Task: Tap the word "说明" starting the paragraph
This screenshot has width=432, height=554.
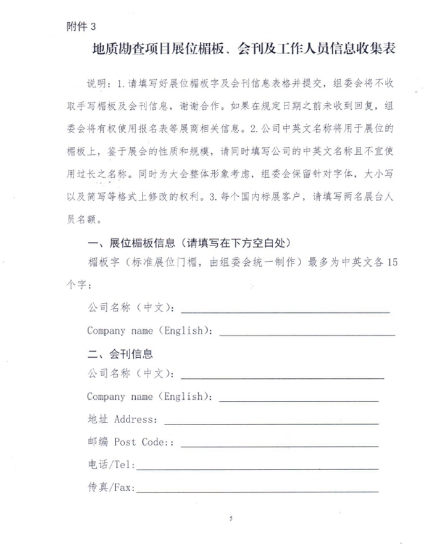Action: click(98, 83)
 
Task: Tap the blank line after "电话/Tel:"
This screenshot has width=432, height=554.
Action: click(257, 468)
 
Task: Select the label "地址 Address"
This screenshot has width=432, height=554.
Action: click(122, 420)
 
